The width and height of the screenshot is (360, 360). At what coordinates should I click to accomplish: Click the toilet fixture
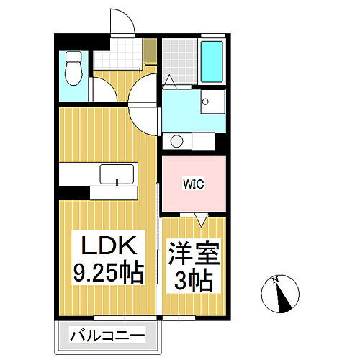[73, 69]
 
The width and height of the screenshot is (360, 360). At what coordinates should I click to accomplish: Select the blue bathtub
[212, 61]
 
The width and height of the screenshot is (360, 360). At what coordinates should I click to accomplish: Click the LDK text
[108, 246]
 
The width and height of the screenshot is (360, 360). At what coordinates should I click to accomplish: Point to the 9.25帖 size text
[108, 273]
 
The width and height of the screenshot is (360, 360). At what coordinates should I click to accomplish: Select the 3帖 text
[192, 280]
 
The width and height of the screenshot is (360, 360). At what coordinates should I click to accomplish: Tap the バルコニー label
[107, 335]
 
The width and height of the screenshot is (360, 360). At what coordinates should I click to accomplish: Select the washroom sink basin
[209, 103]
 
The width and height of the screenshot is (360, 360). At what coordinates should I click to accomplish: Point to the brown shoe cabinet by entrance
[150, 50]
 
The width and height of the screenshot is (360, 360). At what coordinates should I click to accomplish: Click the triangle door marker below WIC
[200, 215]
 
